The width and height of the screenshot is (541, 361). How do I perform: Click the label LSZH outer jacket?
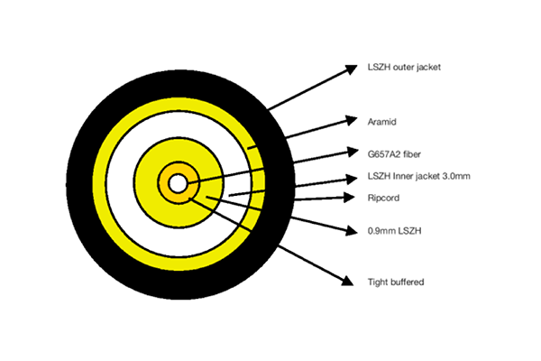[x=405, y=67]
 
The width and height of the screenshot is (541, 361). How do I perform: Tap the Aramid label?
[x=383, y=120]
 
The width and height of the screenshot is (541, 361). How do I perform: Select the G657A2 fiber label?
[x=394, y=153]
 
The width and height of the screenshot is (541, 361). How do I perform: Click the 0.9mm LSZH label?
[x=393, y=230]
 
